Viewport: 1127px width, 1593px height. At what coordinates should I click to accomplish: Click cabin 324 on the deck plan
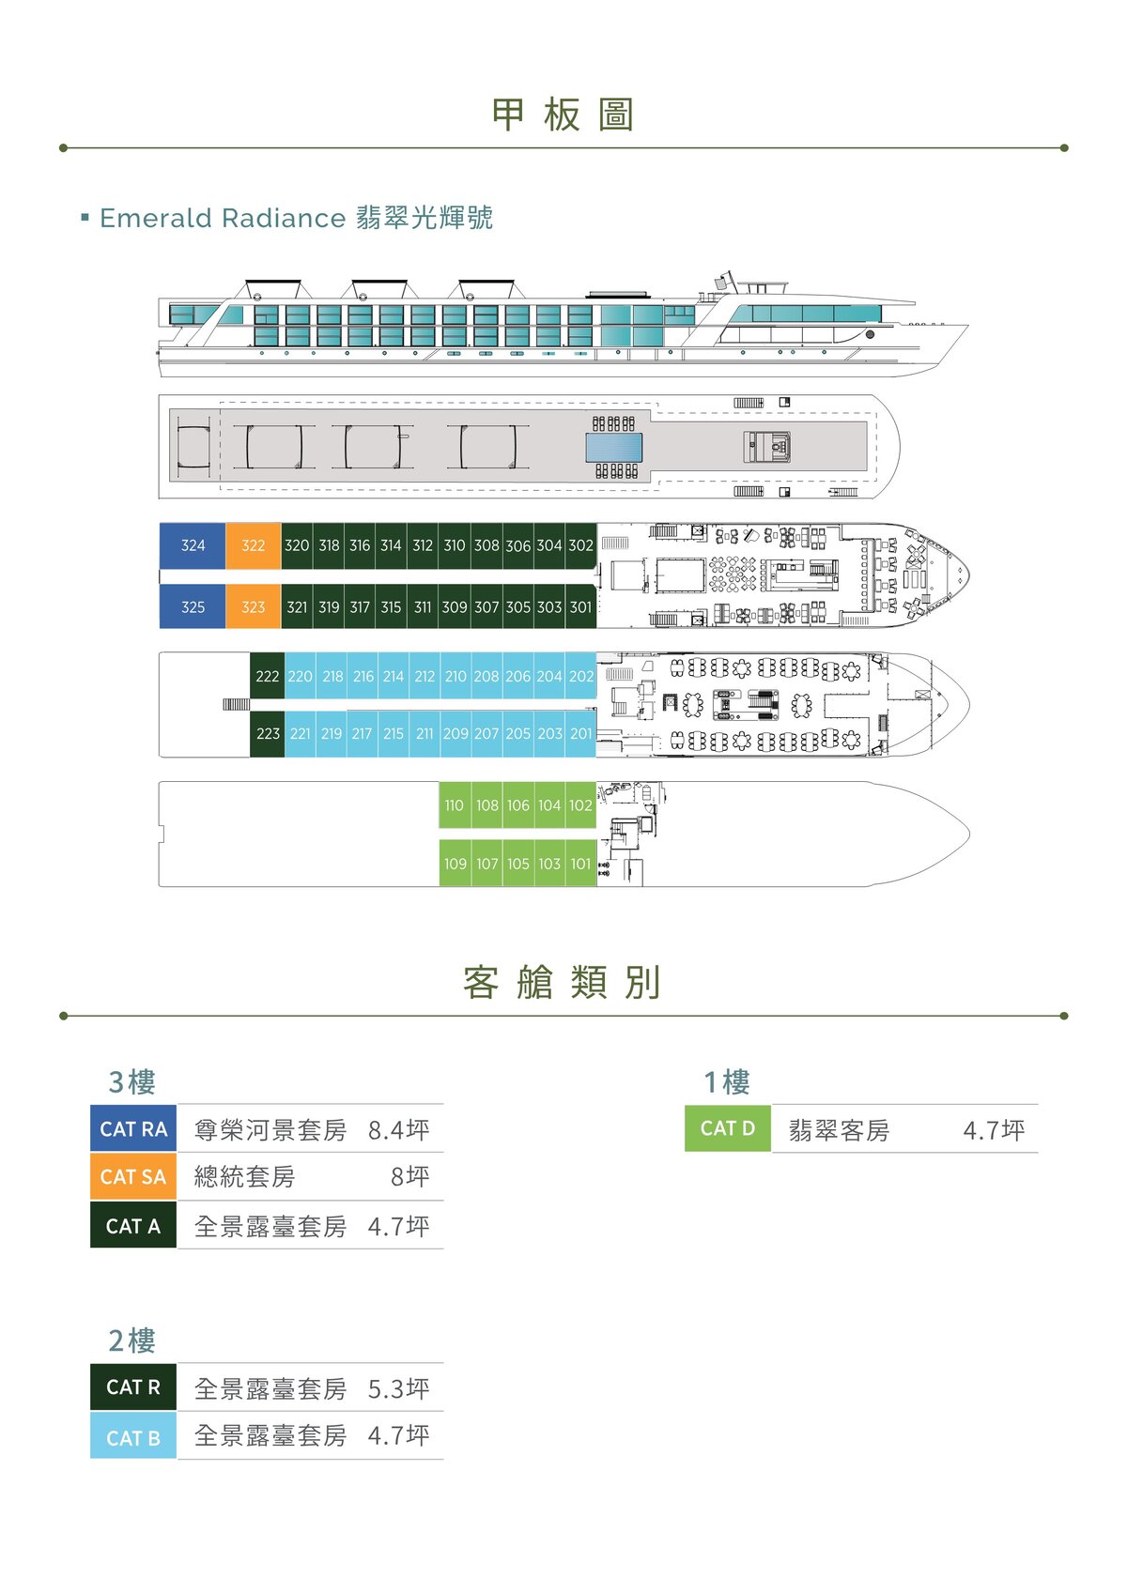pyautogui.click(x=193, y=545)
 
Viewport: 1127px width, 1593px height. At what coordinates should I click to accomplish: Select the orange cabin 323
pyautogui.click(x=253, y=606)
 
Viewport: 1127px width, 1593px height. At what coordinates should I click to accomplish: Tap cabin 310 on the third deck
pyautogui.click(x=454, y=545)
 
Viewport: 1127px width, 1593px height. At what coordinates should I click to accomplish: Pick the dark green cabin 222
pyautogui.click(x=267, y=676)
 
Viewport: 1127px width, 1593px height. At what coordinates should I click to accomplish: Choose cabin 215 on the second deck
pyautogui.click(x=393, y=733)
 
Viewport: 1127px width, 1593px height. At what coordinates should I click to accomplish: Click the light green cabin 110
pyautogui.click(x=454, y=805)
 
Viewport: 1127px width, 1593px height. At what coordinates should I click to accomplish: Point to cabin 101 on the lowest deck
pyautogui.click(x=580, y=864)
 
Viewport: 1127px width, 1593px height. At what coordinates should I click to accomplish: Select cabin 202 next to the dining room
pyautogui.click(x=581, y=676)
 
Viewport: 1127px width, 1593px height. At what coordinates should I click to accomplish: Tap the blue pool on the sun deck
pyautogui.click(x=613, y=448)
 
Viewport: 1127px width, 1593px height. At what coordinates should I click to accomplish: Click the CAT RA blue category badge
pyautogui.click(x=133, y=1128)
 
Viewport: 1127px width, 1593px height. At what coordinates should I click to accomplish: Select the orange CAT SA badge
pyautogui.click(x=133, y=1177)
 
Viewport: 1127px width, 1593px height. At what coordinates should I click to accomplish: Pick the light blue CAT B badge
pyautogui.click(x=133, y=1438)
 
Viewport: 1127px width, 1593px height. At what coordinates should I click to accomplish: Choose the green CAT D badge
pyautogui.click(x=727, y=1128)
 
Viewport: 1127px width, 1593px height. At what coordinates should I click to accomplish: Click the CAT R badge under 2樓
pyautogui.click(x=133, y=1387)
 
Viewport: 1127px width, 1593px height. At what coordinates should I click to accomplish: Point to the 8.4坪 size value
pyautogui.click(x=398, y=1129)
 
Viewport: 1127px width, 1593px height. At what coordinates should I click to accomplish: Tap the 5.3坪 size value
pyautogui.click(x=398, y=1388)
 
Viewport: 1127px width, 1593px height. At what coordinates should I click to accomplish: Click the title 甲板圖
pyautogui.click(x=563, y=115)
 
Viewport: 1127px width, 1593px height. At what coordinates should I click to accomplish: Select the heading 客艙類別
pyautogui.click(x=562, y=982)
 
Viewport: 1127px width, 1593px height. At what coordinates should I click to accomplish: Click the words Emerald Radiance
pyautogui.click(x=223, y=218)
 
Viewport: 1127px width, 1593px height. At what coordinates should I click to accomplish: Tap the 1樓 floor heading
pyautogui.click(x=726, y=1081)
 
